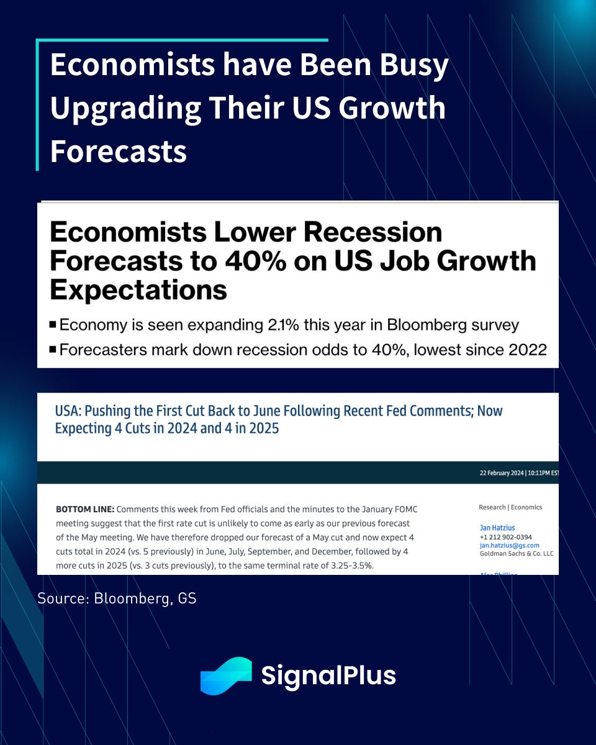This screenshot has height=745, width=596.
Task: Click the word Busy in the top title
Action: click(414, 66)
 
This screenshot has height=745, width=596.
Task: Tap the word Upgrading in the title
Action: click(125, 109)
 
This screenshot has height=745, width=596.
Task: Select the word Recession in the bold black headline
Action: click(372, 232)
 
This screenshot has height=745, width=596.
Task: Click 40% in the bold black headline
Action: click(256, 261)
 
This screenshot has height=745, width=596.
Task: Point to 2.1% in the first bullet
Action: click(283, 325)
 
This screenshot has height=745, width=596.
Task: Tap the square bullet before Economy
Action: click(53, 325)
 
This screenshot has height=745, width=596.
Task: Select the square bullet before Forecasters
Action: click(53, 350)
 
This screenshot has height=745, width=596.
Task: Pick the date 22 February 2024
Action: click(502, 473)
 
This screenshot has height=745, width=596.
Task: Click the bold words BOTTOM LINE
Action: click(85, 509)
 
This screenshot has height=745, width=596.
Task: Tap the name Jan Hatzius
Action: click(497, 528)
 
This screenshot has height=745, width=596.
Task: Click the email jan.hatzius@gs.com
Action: click(510, 545)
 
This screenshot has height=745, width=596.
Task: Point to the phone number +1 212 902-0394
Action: click(505, 537)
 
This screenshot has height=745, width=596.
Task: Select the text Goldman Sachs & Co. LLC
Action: click(517, 554)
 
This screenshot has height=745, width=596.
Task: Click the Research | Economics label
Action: click(510, 507)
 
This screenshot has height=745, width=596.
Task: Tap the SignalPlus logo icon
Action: click(226, 675)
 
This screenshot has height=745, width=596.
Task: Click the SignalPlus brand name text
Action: click(328, 676)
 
